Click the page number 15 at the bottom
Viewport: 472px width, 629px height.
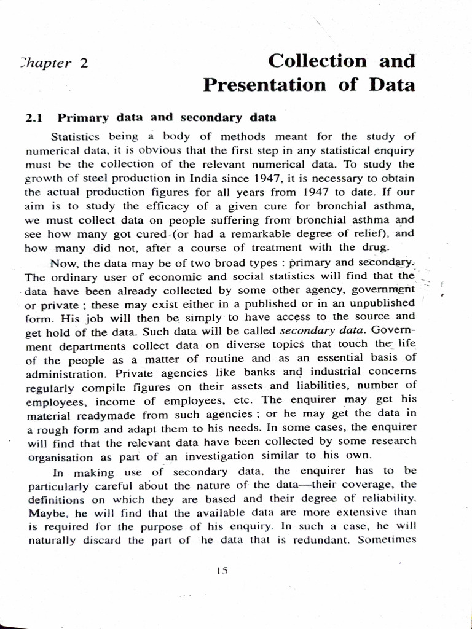pyautogui.click(x=222, y=570)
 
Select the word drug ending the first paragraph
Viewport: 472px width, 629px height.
pyautogui.click(x=376, y=248)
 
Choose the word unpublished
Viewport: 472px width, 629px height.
pyautogui.click(x=380, y=302)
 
